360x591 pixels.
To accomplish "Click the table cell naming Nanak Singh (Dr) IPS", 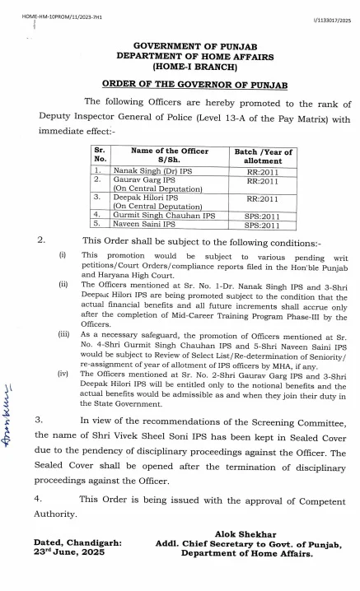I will pyautogui.click(x=151, y=170).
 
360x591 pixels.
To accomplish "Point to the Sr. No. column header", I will pyautogui.click(x=101, y=156).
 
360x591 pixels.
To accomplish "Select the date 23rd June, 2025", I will pyautogui.click(x=66, y=554).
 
